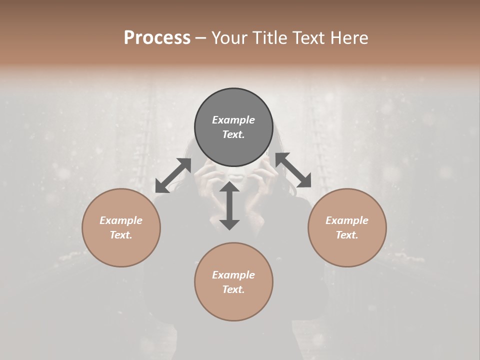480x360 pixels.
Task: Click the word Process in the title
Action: (x=157, y=38)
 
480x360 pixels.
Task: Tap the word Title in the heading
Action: (x=269, y=38)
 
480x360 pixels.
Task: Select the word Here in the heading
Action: (x=349, y=38)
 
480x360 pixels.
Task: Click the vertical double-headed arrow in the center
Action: (x=229, y=205)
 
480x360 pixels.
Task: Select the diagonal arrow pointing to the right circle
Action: (x=293, y=170)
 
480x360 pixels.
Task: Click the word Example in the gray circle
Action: (x=233, y=120)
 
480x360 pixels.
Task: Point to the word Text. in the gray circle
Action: (x=233, y=134)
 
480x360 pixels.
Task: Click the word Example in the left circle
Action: (x=121, y=220)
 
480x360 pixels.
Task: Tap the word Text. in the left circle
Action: (x=121, y=235)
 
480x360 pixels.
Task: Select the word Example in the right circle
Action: (x=347, y=220)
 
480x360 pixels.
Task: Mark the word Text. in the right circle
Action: (x=347, y=235)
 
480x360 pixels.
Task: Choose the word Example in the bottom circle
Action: (x=233, y=275)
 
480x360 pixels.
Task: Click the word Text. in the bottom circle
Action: (x=233, y=289)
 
